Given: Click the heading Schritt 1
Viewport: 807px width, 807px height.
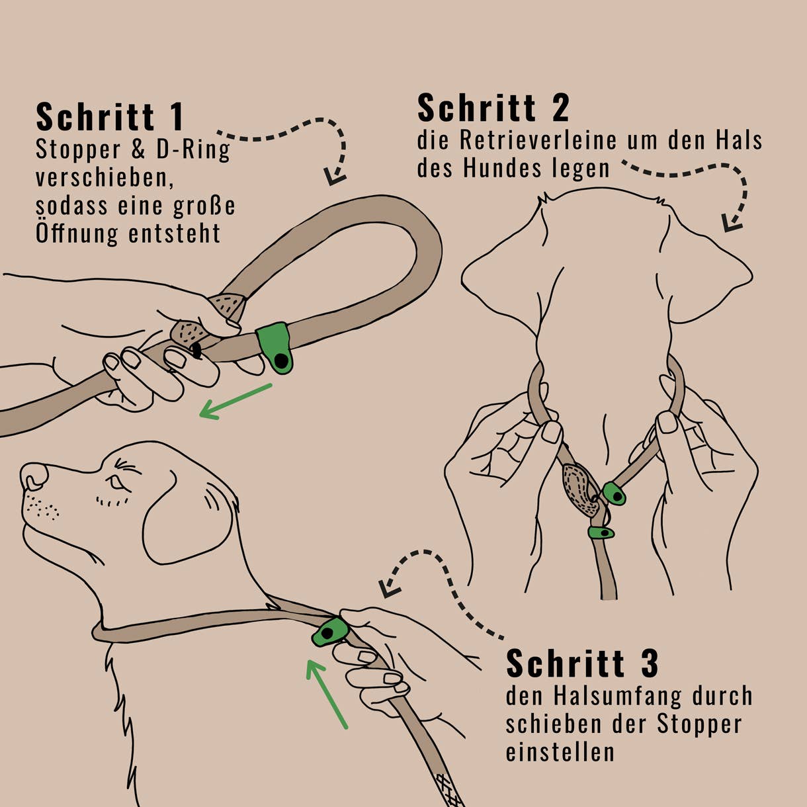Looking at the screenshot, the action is (x=110, y=117).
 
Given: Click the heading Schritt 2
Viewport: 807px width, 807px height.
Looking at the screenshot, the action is (x=493, y=108).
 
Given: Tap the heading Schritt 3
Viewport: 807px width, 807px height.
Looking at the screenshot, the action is (x=582, y=663).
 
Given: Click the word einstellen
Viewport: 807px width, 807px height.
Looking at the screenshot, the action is (x=560, y=752).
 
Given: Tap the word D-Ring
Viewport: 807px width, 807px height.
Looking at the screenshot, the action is (x=193, y=150).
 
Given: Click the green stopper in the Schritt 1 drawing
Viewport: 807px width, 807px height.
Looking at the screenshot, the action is (x=275, y=347).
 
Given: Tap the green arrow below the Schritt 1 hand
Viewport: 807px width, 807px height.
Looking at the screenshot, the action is (x=235, y=402).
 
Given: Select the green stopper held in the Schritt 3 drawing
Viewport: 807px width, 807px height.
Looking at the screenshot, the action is (x=330, y=632).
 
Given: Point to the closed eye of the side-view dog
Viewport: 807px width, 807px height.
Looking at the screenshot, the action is (x=116, y=483).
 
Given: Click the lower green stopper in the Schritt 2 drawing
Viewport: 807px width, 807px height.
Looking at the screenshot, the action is (x=601, y=532).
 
